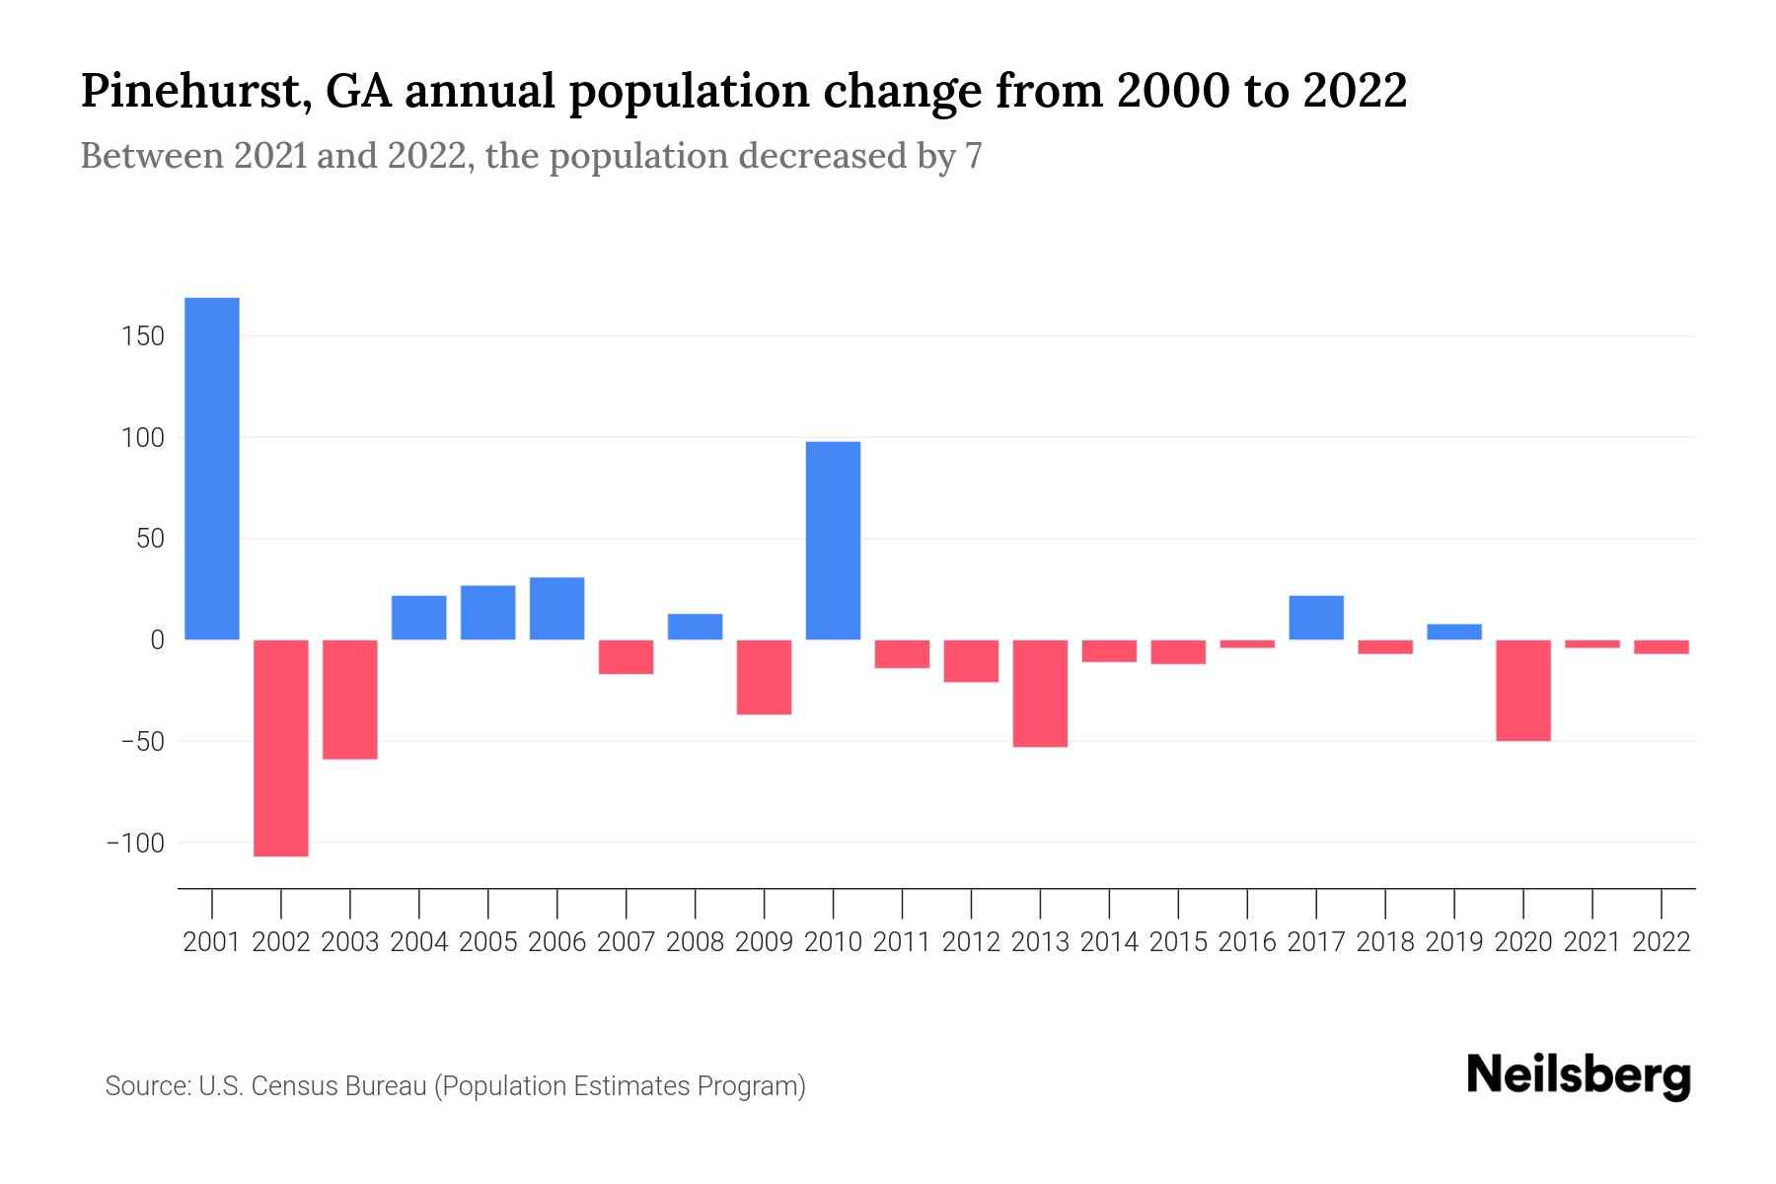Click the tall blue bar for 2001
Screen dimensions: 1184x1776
click(x=212, y=469)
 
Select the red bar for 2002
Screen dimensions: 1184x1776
click(x=281, y=748)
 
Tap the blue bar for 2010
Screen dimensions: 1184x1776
click(x=833, y=541)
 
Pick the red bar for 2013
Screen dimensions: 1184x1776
click(x=1040, y=694)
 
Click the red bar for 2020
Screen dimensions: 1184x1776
click(x=1523, y=691)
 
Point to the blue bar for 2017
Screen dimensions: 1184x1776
click(x=1316, y=618)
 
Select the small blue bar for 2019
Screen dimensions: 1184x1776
click(x=1454, y=631)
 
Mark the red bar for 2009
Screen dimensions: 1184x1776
click(x=765, y=677)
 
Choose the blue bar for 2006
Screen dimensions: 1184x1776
click(x=557, y=609)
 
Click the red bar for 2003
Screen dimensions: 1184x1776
click(x=350, y=700)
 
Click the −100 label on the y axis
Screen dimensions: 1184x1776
click(x=135, y=844)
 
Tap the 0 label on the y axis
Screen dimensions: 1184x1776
click(x=157, y=640)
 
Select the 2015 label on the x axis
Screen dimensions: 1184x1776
click(x=1178, y=942)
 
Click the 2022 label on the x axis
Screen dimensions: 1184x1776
click(x=1662, y=942)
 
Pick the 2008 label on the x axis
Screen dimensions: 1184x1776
click(x=695, y=942)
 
